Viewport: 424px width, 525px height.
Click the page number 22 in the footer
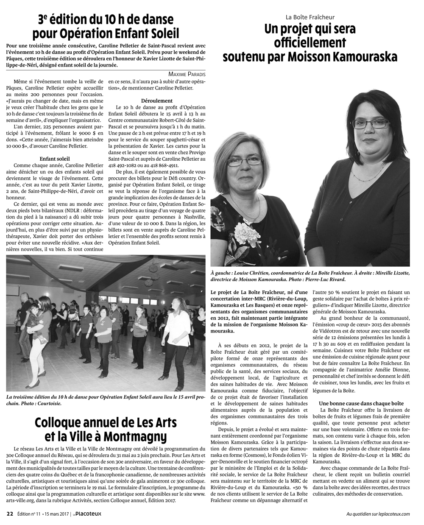(x=9, y=514)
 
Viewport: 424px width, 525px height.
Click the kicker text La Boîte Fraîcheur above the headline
(x=310, y=17)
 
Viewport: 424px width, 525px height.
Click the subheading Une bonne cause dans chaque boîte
(x=361, y=403)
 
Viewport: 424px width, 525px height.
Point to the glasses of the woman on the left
(x=248, y=161)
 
